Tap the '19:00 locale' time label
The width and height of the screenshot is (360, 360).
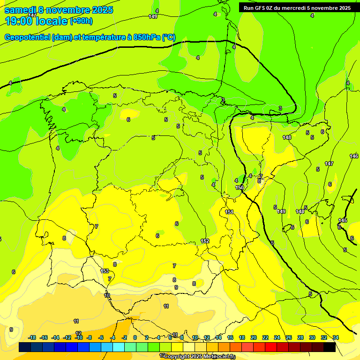(x=36, y=21)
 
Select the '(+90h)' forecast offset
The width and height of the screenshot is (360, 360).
(x=81, y=21)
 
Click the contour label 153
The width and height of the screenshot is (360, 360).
(x=105, y=271)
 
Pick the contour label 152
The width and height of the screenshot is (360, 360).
(x=205, y=241)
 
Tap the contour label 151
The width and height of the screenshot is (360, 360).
(x=229, y=212)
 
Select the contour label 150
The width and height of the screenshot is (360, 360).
(x=240, y=187)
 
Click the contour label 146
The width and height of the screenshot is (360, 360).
(x=354, y=156)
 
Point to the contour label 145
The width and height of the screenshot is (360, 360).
(x=343, y=220)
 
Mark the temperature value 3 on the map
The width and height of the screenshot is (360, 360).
(x=280, y=108)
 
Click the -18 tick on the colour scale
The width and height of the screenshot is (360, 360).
(x=32, y=337)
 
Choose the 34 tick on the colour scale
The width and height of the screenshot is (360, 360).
(x=336, y=337)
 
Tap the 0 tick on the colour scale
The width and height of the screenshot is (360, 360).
(x=135, y=337)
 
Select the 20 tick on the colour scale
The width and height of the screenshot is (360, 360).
(x=254, y=337)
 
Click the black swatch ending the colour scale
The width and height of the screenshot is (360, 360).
(x=330, y=347)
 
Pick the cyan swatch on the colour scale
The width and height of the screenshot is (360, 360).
(x=119, y=347)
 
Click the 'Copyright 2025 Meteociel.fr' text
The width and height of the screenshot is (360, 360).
(x=200, y=356)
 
